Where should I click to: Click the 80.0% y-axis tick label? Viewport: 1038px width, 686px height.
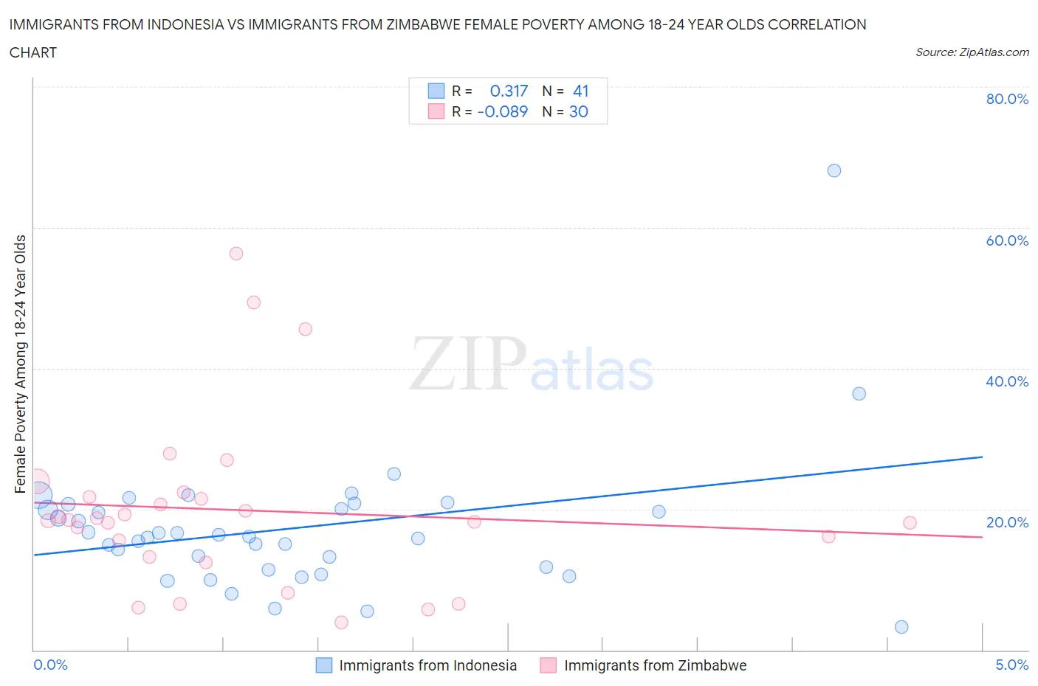(1007, 99)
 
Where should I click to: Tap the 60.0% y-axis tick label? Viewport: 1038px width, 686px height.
(1007, 240)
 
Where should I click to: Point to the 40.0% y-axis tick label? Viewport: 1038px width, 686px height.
(1007, 381)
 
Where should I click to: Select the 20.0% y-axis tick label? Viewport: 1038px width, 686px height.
(1007, 522)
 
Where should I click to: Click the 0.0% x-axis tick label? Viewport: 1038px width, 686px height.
(50, 665)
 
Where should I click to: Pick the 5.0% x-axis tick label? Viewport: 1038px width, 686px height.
(1011, 665)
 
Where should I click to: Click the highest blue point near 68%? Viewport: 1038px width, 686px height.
(834, 170)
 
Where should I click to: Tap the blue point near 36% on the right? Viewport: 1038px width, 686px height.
(859, 394)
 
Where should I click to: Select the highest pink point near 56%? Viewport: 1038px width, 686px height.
(236, 254)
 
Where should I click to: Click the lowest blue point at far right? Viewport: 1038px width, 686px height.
(901, 627)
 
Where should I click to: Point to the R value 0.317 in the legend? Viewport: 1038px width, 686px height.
(509, 91)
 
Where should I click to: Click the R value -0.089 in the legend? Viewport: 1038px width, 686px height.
(503, 111)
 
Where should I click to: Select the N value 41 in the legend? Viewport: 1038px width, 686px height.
(581, 91)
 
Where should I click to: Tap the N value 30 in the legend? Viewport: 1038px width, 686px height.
(579, 111)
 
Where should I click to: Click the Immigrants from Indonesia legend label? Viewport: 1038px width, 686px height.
(427, 665)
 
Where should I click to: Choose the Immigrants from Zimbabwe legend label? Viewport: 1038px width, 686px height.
(655, 665)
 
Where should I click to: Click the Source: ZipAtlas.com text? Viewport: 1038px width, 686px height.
(972, 52)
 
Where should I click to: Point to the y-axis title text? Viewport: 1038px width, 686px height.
(20, 364)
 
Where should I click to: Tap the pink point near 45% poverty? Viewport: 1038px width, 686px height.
(305, 329)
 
